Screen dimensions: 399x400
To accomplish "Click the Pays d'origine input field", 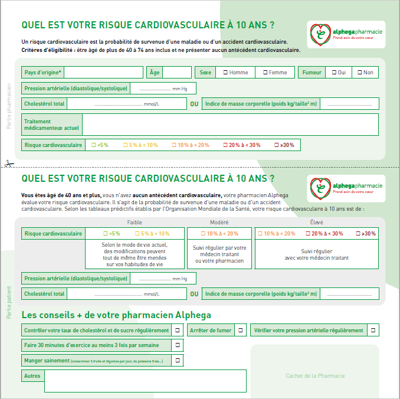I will pyautogui.click(x=105, y=73).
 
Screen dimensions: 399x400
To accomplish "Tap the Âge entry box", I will pyautogui.click(x=176, y=73).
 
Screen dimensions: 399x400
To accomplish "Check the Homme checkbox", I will pyautogui.click(x=226, y=73).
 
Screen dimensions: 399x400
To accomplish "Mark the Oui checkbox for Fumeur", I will pyautogui.click(x=335, y=73).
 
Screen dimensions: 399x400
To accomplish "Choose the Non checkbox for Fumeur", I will pyautogui.click(x=360, y=73).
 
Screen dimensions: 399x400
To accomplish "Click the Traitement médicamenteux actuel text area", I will pyautogui.click(x=230, y=124).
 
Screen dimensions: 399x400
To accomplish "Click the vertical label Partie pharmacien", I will pyautogui.click(x=9, y=106).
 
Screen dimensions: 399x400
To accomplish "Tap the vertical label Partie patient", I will pyautogui.click(x=9, y=302).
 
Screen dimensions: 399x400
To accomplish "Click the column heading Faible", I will pyautogui.click(x=135, y=223).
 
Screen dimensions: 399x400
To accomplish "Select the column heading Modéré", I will pyautogui.click(x=219, y=223).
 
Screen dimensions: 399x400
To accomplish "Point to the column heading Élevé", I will pyautogui.click(x=316, y=223).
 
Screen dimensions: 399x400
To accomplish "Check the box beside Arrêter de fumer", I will pyautogui.click(x=240, y=331).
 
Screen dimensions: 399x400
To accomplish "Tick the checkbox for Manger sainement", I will pyautogui.click(x=178, y=360).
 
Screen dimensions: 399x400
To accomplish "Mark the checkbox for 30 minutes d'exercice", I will pyautogui.click(x=178, y=345).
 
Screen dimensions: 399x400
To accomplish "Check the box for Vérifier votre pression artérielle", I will pyautogui.click(x=373, y=331).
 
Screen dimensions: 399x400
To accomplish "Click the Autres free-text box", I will pyautogui.click(x=145, y=380).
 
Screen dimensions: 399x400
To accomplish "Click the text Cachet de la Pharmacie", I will pyautogui.click(x=315, y=376).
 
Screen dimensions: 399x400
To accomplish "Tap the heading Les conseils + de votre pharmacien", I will pyautogui.click(x=116, y=315).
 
